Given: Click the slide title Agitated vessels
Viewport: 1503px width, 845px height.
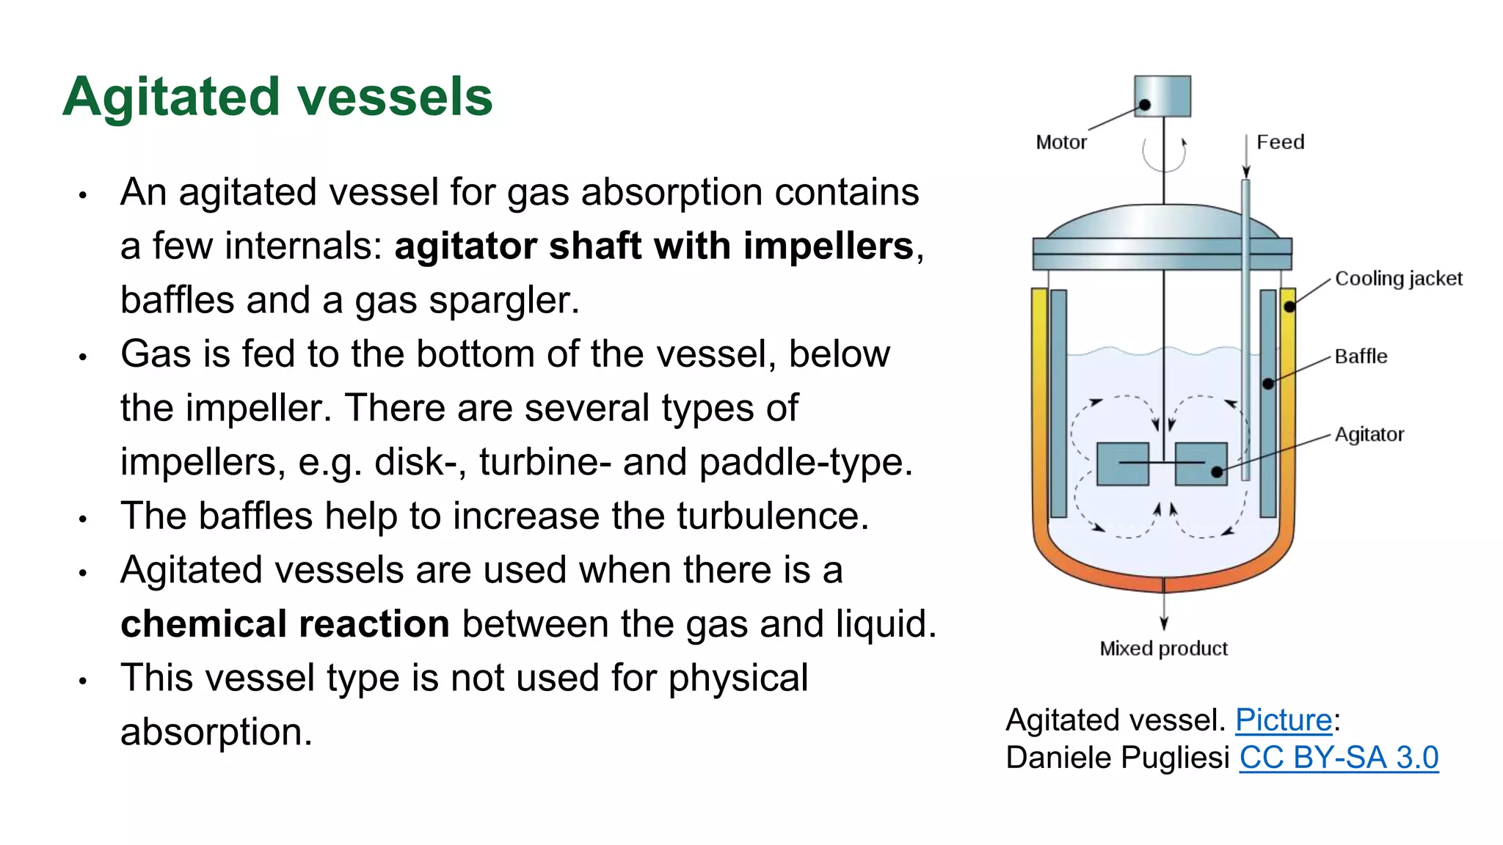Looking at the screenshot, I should coord(277,97).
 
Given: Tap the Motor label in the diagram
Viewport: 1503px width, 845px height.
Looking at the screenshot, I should coord(1060,142).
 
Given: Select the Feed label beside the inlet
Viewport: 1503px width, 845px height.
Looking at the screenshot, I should coord(1280,142).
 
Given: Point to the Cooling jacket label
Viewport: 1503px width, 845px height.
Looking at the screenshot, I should coord(1398,279).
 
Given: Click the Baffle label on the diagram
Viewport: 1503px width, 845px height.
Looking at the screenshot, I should coord(1361,356).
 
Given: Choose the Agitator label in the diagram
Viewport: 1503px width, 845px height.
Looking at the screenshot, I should coord(1369,434).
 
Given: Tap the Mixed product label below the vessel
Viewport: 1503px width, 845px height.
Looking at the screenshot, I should coord(1163,648).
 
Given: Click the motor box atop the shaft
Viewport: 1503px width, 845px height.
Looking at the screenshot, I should coord(1162,95).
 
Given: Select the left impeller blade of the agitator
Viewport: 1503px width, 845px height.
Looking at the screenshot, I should coord(1122,464).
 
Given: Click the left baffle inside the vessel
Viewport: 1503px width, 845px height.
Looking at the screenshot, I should coord(1058,403).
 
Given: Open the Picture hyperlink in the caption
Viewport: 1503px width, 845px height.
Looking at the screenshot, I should coord(1284,720).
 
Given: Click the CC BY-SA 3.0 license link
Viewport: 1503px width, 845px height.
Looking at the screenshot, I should coord(1339,758).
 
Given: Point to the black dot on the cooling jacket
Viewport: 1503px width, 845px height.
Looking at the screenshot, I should coord(1289,307).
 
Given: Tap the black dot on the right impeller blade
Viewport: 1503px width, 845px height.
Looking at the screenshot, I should coord(1217,472).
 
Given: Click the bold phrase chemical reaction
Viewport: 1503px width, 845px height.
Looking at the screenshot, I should coord(285,624).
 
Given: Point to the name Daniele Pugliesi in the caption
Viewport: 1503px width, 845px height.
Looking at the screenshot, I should coord(1117,758).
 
